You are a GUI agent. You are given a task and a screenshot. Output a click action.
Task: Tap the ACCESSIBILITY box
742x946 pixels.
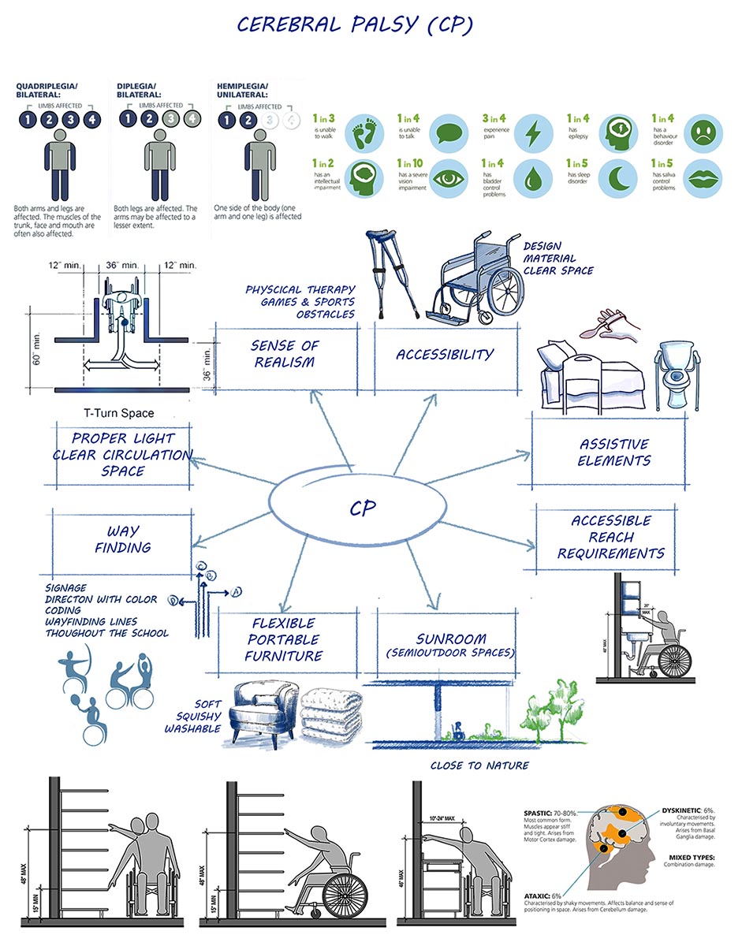coord(445,355)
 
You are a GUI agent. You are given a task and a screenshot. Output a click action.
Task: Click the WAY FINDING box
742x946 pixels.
coord(123,539)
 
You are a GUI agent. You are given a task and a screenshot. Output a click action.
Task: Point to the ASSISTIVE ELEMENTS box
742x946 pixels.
coord(614,453)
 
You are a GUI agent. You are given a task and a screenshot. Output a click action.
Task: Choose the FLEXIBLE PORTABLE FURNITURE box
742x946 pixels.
coord(284,639)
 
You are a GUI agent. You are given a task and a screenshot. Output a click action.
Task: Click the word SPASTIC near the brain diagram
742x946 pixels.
coord(539,813)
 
